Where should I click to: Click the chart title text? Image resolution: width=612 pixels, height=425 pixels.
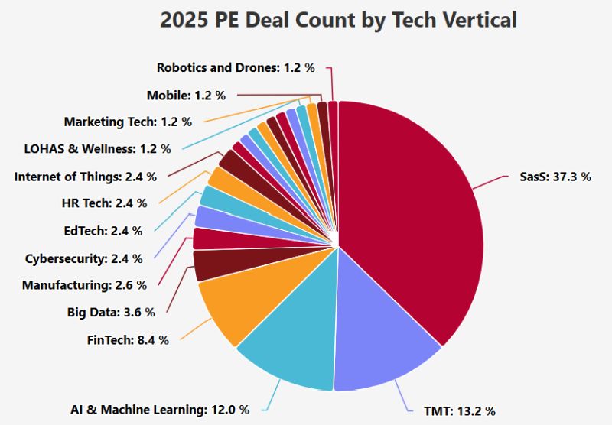tap(338, 20)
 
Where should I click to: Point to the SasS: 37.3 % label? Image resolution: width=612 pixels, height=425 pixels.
tap(555, 177)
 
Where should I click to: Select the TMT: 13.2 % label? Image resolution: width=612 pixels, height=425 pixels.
tap(460, 411)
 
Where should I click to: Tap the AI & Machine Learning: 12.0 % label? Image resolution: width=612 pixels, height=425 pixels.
tap(160, 410)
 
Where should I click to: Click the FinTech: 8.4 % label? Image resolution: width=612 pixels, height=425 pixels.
tap(128, 340)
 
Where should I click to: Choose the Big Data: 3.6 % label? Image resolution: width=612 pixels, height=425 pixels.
tap(111, 313)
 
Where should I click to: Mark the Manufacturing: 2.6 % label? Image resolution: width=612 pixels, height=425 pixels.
tap(85, 285)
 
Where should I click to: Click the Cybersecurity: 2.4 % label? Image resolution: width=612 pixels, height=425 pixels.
tap(84, 258)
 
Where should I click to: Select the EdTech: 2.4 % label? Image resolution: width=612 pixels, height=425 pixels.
tap(103, 231)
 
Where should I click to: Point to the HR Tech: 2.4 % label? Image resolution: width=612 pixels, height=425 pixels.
tap(105, 203)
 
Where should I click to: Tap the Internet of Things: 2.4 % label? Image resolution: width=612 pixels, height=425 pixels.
tap(86, 177)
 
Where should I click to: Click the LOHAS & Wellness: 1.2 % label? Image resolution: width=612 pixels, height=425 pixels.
tap(98, 149)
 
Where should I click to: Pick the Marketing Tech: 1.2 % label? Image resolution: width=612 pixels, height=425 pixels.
tap(128, 122)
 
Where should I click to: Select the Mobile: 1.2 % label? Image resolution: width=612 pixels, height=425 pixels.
tap(186, 95)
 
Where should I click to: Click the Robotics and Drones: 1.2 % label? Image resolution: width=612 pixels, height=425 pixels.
tap(236, 67)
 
